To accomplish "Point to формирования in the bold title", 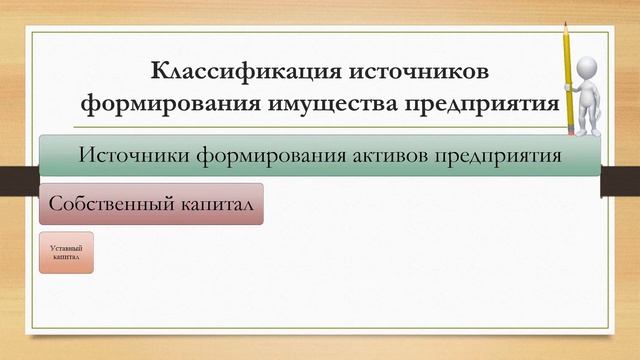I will click(173, 104).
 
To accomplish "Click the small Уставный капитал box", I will click(66, 252).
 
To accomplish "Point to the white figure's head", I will click(590, 68).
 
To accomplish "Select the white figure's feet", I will click(588, 131).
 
